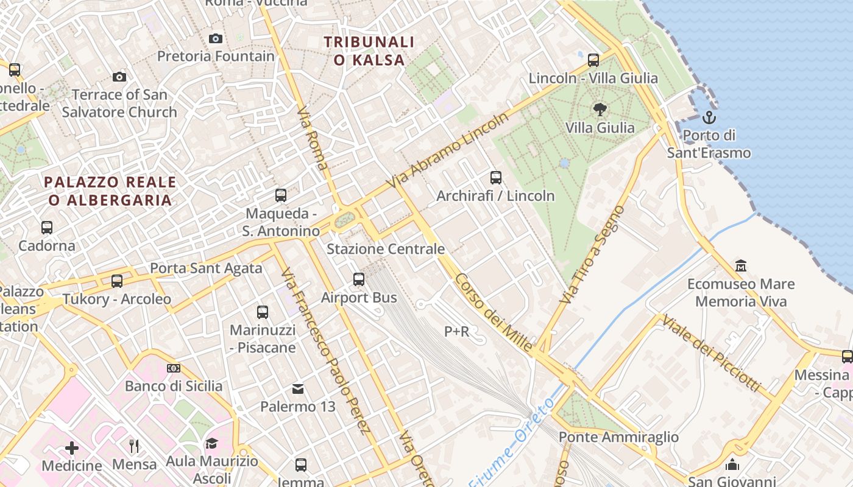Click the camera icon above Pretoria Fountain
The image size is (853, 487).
[215, 39]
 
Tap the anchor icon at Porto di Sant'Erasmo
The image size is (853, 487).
[709, 117]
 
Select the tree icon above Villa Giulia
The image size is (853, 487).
[600, 110]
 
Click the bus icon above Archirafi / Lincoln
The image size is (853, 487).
[496, 178]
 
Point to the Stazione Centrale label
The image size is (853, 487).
[386, 249]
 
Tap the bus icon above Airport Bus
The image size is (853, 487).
[359, 279]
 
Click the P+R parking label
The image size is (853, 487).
[456, 331]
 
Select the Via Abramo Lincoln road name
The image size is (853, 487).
[450, 149]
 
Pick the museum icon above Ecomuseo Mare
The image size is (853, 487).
[741, 265]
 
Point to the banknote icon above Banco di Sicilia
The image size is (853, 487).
[174, 368]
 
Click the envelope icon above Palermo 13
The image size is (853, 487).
[298, 388]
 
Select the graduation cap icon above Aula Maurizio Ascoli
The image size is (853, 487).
[211, 443]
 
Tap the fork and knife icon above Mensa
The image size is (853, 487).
[135, 446]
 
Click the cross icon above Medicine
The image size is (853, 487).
[72, 448]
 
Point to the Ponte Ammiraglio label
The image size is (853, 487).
[618, 436]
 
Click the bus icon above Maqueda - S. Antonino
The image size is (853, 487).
[281, 195]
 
